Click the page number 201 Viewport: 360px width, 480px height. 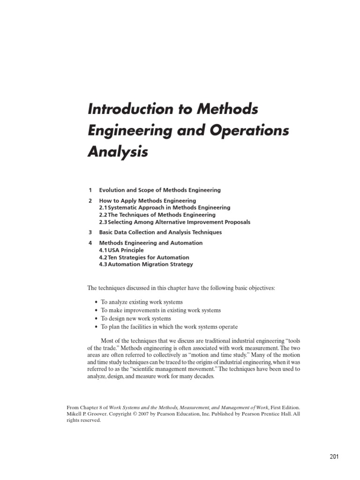(x=334, y=457)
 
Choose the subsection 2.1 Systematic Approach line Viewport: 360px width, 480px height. (x=165, y=207)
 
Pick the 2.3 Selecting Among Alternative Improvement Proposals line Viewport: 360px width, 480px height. (x=174, y=222)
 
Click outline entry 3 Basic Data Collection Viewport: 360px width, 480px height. (x=160, y=232)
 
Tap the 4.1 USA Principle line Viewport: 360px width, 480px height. (x=121, y=250)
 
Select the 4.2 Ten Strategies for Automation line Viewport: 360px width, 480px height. (x=144, y=257)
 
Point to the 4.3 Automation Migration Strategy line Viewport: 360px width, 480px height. (x=146, y=264)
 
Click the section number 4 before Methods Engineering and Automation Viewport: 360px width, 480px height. (x=90, y=243)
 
